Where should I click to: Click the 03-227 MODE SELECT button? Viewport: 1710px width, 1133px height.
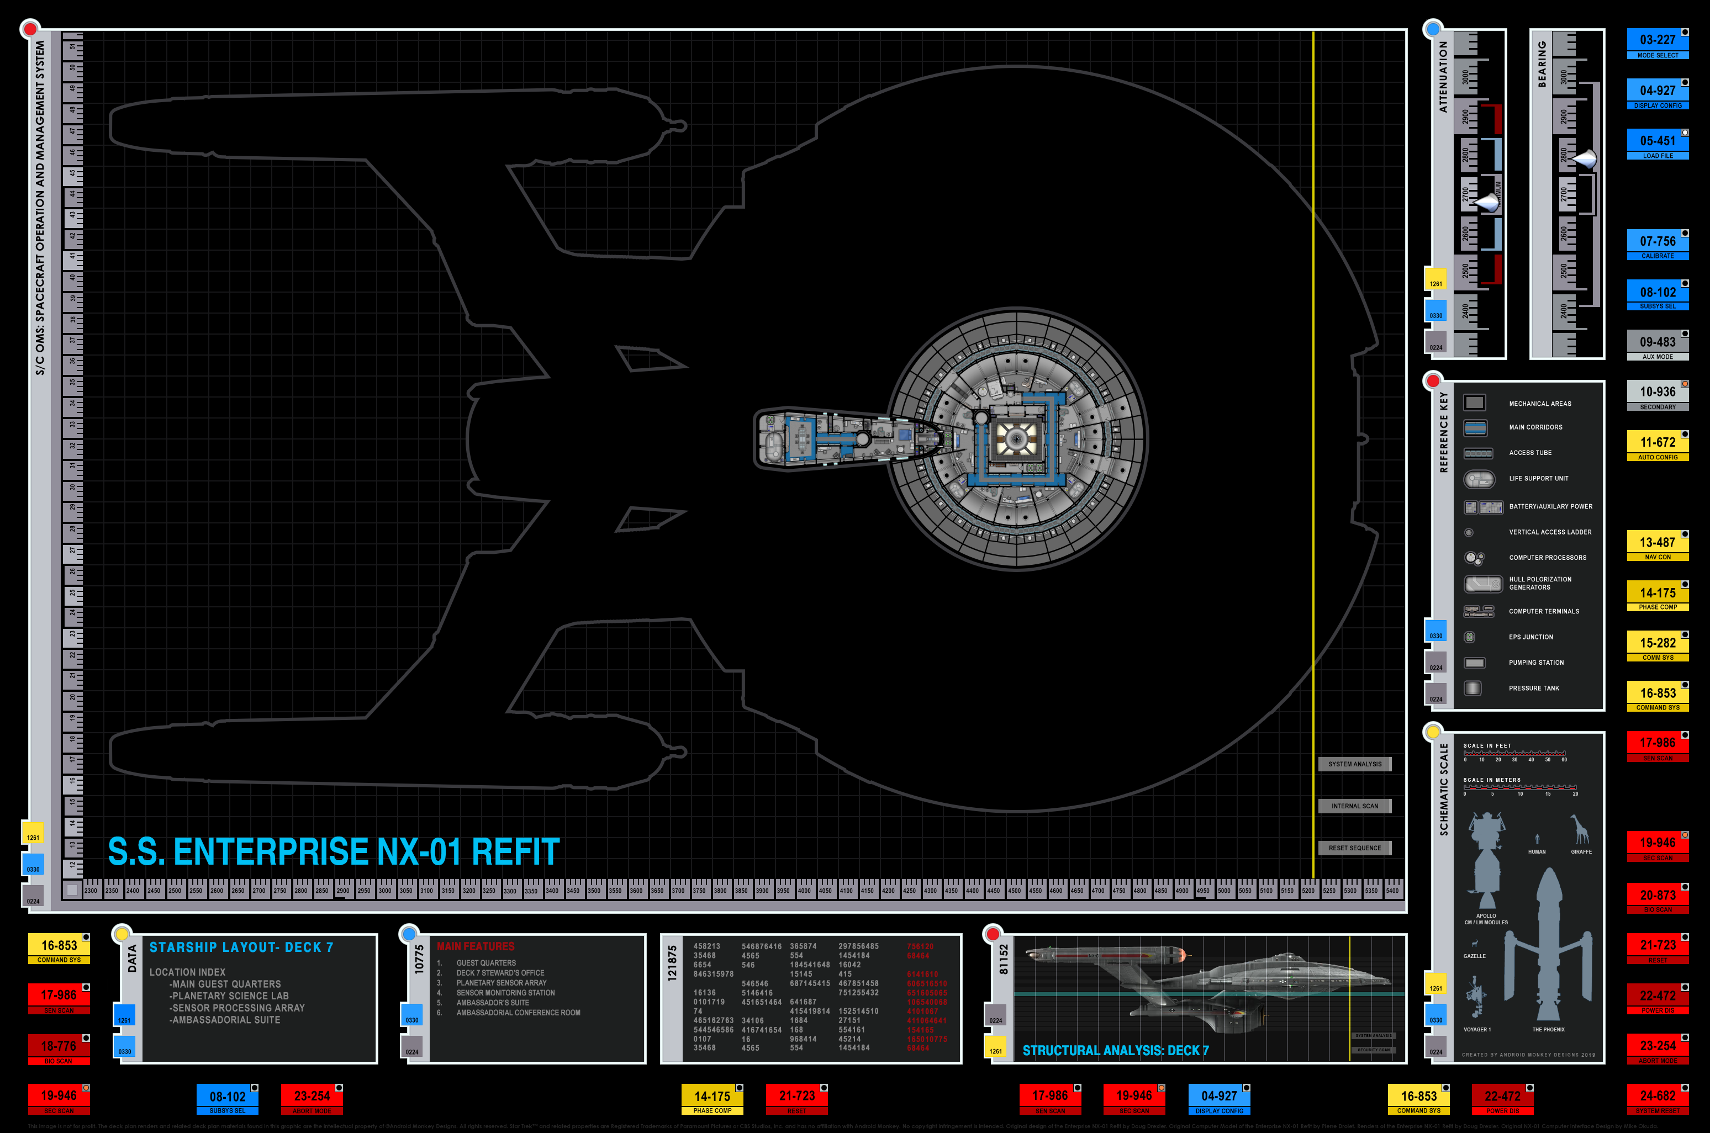(x=1657, y=44)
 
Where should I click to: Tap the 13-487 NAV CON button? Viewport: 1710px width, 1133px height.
(x=1657, y=546)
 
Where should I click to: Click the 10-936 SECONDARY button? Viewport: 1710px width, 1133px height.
(x=1657, y=395)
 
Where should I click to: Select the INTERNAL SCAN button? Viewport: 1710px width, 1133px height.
(x=1354, y=806)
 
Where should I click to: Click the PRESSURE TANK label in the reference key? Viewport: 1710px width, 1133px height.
(x=1534, y=688)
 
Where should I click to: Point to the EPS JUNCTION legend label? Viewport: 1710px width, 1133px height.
(x=1530, y=637)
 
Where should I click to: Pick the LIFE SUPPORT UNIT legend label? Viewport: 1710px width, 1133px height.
(x=1538, y=478)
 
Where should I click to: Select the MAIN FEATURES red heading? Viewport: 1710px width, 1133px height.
(x=476, y=946)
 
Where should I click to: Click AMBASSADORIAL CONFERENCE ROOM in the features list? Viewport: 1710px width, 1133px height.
(x=518, y=1012)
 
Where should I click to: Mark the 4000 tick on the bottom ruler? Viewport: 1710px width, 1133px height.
(x=804, y=890)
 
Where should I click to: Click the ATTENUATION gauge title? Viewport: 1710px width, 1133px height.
(x=1443, y=76)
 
